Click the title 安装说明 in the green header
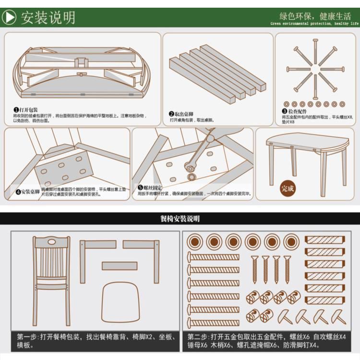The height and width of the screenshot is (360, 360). pos(48,17)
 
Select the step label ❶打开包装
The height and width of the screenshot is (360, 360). pos(26,110)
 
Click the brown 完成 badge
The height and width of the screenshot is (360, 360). pos(288,188)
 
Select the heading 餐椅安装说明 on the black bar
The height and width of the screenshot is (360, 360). pos(180,219)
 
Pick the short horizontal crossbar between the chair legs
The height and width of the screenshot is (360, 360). pos(119,265)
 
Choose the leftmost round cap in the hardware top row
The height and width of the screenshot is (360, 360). pos(195,241)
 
